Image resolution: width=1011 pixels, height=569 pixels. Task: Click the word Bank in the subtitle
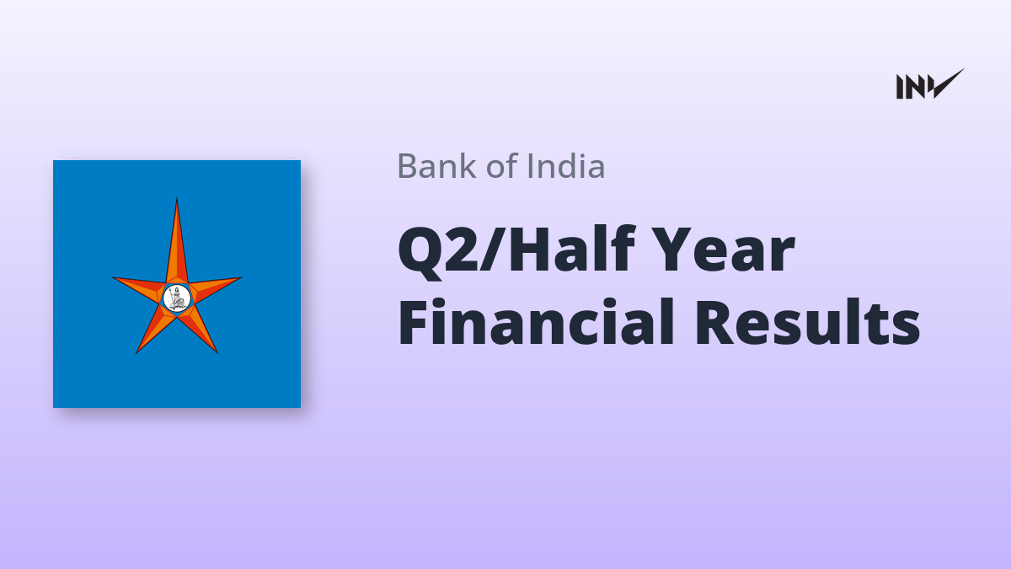point(436,166)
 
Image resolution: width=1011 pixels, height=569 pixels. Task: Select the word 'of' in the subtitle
point(501,166)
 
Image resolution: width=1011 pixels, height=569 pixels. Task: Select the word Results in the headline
point(807,321)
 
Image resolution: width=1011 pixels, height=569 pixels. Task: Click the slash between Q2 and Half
point(492,250)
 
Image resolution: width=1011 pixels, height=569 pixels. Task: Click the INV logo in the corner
point(930,84)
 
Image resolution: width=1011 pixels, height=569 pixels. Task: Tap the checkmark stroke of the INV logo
point(945,83)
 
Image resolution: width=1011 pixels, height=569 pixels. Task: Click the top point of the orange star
point(176,198)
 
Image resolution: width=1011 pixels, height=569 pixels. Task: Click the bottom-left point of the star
point(136,352)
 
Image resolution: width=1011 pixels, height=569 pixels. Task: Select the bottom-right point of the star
point(217,352)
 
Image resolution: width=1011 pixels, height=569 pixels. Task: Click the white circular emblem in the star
point(176,298)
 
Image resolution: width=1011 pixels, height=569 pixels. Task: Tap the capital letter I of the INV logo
point(900,87)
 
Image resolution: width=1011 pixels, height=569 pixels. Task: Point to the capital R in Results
point(715,322)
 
